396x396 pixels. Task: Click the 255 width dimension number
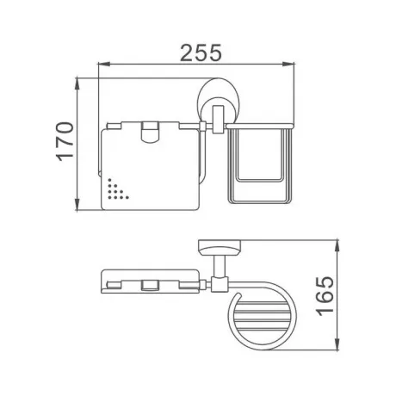[201, 53]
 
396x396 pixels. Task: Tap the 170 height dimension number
[65, 141]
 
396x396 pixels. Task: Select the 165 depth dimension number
[325, 296]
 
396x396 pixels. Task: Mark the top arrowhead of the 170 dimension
[77, 84]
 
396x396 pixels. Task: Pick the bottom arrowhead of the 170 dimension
[77, 205]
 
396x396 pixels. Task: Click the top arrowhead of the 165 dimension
[337, 245]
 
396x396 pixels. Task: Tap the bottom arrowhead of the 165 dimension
[337, 343]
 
